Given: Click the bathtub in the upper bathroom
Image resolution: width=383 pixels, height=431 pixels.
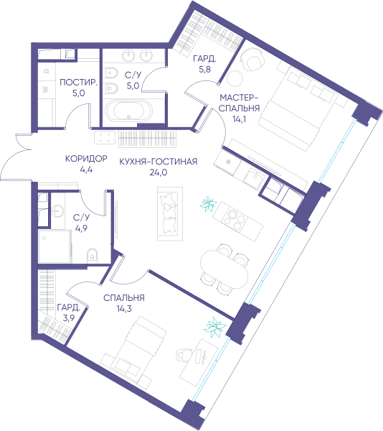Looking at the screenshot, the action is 128,111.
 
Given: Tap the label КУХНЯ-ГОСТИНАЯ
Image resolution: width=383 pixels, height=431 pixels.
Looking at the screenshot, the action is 159,162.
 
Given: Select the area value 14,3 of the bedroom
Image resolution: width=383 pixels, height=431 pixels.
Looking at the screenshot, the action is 124,309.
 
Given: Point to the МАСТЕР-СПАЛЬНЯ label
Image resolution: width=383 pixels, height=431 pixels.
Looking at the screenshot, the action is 239,103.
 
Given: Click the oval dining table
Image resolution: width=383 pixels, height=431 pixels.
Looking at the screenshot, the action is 224,269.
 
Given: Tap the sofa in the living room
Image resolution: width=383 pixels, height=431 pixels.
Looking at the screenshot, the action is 170,214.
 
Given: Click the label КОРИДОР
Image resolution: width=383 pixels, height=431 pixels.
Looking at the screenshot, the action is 86,159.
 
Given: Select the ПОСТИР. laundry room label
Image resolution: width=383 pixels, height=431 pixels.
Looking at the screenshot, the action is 78,82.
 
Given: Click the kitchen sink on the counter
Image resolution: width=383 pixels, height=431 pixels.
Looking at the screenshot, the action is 254,177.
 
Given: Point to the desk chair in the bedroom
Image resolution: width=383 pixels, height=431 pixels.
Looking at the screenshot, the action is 184,356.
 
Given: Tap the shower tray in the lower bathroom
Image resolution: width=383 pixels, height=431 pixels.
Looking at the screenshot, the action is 55,246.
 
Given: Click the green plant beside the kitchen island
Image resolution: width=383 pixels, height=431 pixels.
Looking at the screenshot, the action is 208,204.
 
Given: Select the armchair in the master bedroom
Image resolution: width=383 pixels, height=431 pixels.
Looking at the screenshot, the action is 252,60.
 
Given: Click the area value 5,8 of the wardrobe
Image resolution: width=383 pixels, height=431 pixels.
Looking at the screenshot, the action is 204,69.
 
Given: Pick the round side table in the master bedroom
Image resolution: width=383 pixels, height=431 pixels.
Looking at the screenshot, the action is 235,78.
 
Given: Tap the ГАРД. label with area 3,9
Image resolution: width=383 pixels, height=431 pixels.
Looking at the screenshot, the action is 68,307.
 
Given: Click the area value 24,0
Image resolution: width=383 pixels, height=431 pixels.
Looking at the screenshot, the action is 159,172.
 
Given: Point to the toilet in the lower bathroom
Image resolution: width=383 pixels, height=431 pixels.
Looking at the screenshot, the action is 92,255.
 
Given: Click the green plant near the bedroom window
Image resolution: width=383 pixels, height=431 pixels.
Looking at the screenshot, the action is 215,327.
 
